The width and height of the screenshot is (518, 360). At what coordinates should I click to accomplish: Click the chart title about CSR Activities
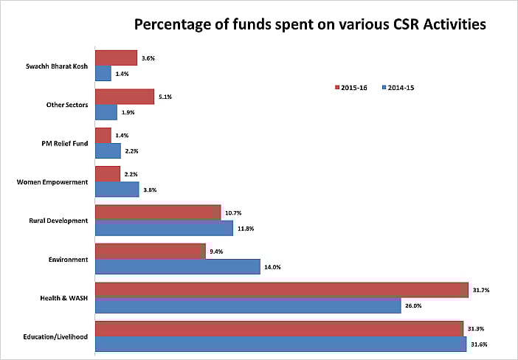pos(310,25)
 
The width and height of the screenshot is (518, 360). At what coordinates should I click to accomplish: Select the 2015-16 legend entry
pos(355,87)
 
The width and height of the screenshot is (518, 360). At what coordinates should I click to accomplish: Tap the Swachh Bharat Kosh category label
pos(57,66)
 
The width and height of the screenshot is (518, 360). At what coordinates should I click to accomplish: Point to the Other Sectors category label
pos(67,105)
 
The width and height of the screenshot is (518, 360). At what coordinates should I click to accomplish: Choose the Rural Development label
pos(59,221)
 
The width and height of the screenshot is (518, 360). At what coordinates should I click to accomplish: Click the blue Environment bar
pos(178,266)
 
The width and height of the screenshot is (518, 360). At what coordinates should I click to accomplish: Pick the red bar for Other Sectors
pos(125,97)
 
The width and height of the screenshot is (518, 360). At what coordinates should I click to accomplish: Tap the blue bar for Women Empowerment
pos(117,190)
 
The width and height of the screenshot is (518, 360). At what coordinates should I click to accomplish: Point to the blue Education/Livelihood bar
pos(281,344)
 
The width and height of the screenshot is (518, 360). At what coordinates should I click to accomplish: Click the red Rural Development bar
pos(158,212)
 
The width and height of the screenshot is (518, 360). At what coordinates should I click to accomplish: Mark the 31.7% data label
pos(480,290)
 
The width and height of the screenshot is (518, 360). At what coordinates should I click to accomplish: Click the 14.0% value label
pos(272,267)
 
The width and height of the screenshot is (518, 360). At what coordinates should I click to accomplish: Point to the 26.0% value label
pos(412,305)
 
